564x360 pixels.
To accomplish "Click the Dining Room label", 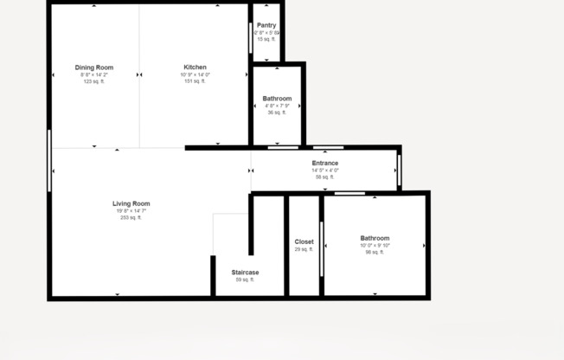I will (93, 67).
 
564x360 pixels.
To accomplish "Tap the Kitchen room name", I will (195, 67).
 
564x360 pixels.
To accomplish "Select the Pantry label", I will (266, 25).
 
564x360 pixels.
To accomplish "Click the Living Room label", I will (131, 203).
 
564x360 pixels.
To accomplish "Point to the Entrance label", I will (325, 163).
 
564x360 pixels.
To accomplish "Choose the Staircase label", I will (245, 273).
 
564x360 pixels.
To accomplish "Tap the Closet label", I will (304, 241).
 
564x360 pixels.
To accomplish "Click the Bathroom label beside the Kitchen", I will (277, 99).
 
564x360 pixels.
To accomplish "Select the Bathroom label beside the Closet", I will (375, 238).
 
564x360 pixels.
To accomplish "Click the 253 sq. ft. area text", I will (131, 217).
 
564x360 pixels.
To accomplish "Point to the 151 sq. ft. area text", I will (195, 81).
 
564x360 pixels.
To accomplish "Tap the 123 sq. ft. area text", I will (93, 81).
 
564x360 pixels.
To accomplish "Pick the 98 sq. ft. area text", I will (375, 252).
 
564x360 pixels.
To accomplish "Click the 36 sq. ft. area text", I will (277, 112).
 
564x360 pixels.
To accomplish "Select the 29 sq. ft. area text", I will (304, 249).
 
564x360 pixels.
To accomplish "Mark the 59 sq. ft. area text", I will (245, 280).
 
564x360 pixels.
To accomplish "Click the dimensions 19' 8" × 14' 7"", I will (131, 210).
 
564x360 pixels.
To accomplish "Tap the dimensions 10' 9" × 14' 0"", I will (195, 74).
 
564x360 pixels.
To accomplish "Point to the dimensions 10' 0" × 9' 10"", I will (375, 245).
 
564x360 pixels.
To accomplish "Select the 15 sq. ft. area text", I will (266, 39).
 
